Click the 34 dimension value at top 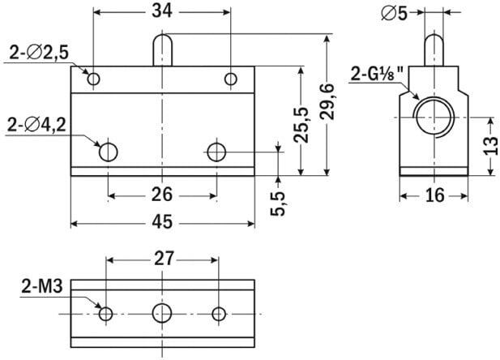click(162, 11)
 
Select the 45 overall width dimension click(162, 222)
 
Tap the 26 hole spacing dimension click(162, 195)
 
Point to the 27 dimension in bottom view click(165, 259)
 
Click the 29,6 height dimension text click(327, 101)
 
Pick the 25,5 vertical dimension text click(301, 125)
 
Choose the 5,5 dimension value click(278, 204)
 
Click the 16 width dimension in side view click(434, 195)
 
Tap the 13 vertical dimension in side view click(491, 145)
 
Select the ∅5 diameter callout click(395, 14)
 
